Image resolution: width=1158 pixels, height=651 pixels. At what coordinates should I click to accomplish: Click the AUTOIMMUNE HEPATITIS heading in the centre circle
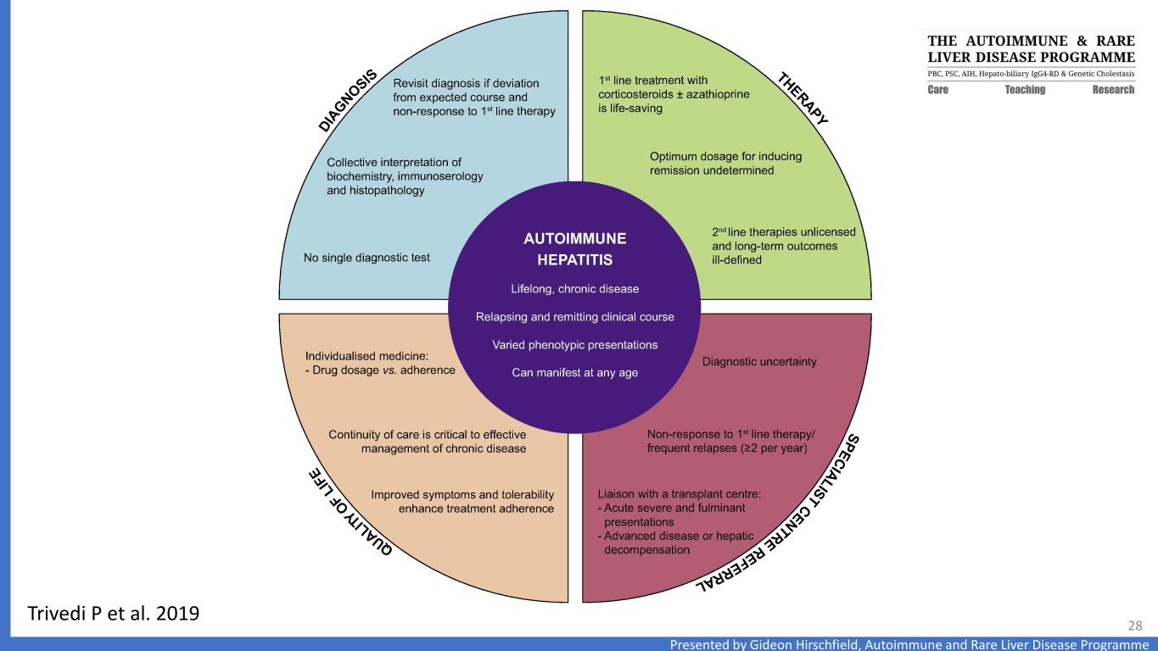click(x=574, y=248)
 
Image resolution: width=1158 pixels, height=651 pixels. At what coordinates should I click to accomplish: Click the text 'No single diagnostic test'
click(x=368, y=259)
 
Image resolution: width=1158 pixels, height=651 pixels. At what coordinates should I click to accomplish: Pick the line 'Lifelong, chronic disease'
click(x=574, y=288)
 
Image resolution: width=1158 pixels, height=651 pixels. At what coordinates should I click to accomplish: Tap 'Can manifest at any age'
click(x=574, y=373)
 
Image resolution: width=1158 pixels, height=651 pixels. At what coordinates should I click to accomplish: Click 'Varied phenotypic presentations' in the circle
click(x=574, y=345)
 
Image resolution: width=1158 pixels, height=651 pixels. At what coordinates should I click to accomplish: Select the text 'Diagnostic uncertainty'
click(x=759, y=362)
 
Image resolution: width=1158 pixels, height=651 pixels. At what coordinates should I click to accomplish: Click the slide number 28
click(x=1134, y=626)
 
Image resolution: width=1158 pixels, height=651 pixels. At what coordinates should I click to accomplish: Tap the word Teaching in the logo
click(x=1025, y=90)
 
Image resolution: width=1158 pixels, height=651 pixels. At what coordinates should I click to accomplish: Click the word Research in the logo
click(x=1113, y=90)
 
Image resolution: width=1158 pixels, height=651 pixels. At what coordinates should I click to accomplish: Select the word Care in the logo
click(x=937, y=90)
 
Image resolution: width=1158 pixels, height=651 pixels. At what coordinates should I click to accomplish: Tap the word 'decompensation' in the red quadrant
click(x=646, y=549)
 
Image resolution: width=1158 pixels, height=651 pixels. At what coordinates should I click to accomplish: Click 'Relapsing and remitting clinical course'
click(x=574, y=317)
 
